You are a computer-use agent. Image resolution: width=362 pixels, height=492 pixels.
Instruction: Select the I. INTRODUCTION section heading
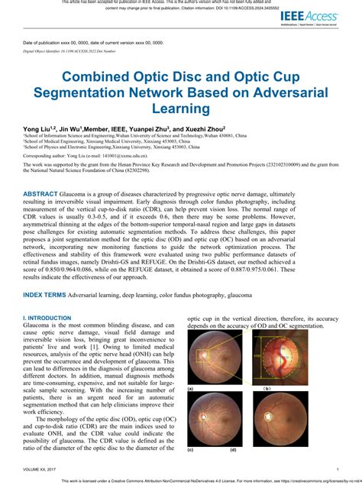[x=47, y=338]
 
